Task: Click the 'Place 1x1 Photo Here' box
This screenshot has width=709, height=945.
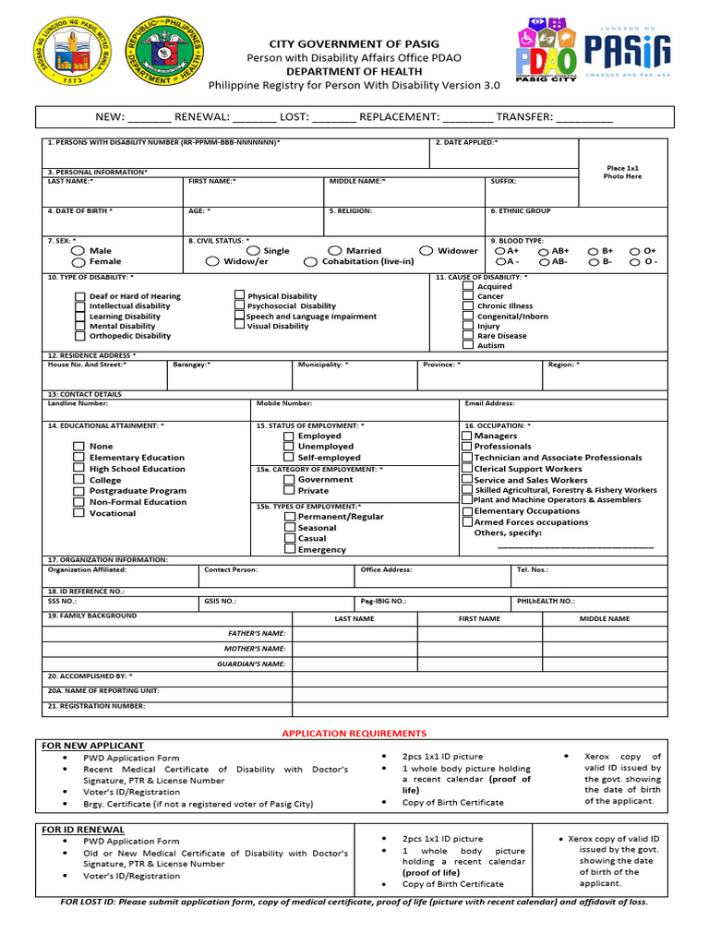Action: [622, 173]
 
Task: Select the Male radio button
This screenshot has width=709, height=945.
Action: [78, 251]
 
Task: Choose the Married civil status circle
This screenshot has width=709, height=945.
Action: [335, 251]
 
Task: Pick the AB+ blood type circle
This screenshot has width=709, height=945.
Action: [545, 251]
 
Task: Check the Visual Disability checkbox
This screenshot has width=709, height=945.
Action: [239, 326]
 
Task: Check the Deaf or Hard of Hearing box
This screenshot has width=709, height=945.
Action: [80, 296]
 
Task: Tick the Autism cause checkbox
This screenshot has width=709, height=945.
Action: [468, 345]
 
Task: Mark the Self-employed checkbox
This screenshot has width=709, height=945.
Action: [290, 458]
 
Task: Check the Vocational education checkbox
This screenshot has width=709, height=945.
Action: [79, 513]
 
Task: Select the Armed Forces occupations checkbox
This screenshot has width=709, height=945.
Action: [467, 522]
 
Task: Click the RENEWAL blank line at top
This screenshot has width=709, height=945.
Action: [254, 117]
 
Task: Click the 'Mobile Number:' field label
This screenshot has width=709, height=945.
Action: [284, 403]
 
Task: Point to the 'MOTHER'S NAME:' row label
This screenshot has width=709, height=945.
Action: [258, 649]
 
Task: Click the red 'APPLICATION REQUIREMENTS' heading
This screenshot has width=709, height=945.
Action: [354, 733]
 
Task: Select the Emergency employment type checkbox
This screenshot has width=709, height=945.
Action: [290, 549]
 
